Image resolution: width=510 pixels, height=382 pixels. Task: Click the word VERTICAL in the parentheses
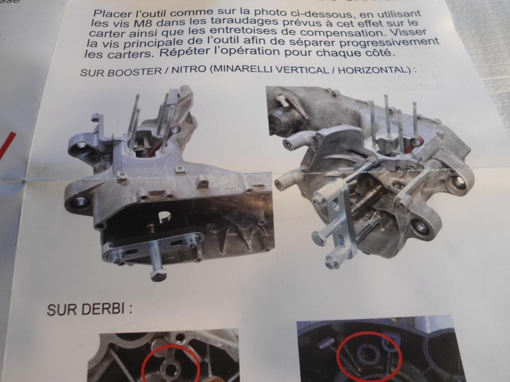pyautogui.click(x=302, y=70)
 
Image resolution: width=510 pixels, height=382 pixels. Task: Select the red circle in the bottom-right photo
pyautogui.click(x=367, y=354)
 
